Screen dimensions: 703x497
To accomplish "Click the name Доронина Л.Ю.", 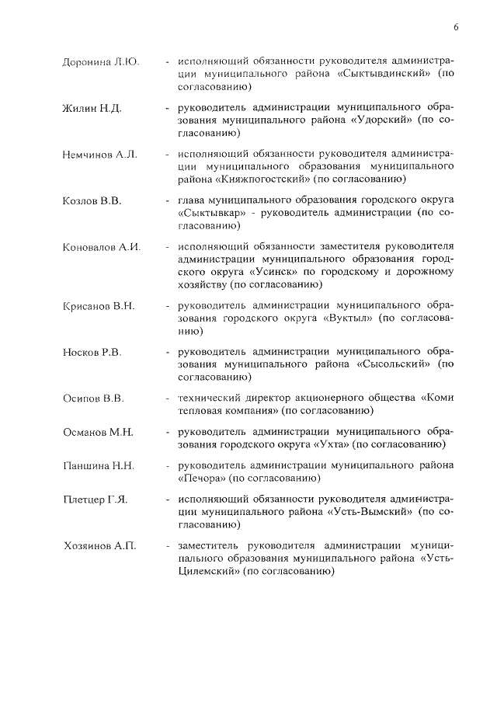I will tap(100, 61).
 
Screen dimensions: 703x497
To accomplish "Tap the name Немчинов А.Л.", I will tap(99, 154).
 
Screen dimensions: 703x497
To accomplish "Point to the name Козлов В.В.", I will tap(92, 200).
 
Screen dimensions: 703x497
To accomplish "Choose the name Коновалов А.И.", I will tap(101, 247).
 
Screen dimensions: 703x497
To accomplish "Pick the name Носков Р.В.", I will tap(92, 353).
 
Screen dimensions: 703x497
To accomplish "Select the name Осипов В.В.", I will tap(93, 399).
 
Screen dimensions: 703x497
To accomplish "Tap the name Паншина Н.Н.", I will tap(99, 466).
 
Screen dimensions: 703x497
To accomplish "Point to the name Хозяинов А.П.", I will tap(100, 546).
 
